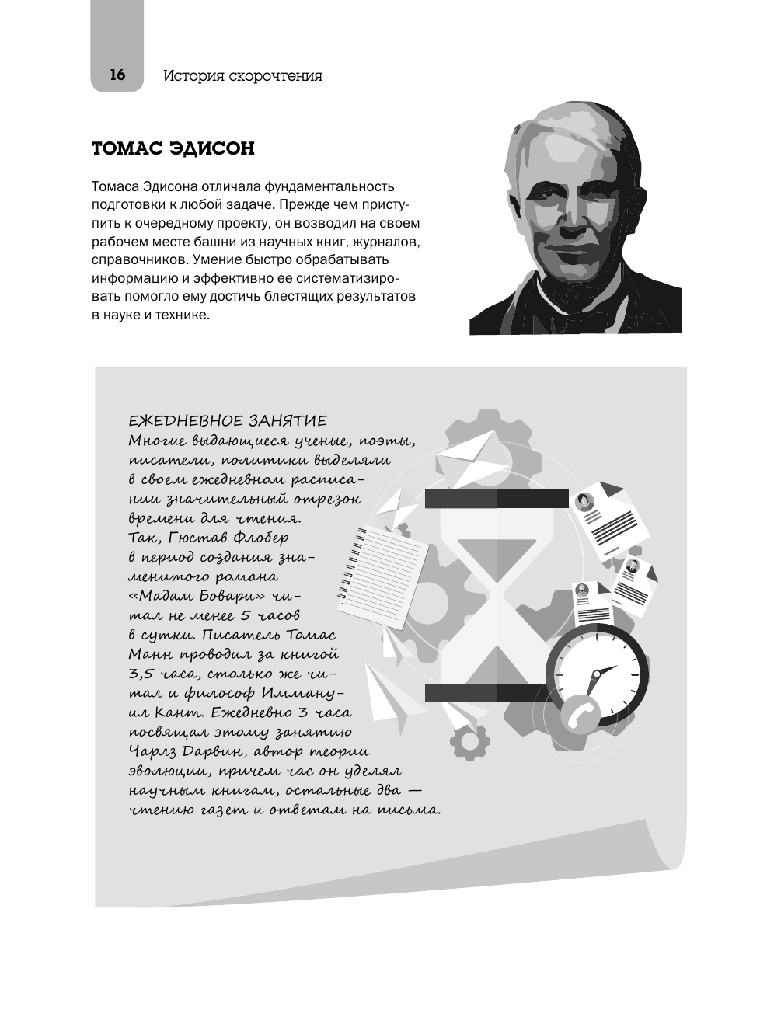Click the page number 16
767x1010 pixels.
[117, 75]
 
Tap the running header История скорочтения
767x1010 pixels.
[242, 76]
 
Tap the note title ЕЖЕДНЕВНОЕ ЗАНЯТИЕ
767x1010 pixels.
[228, 421]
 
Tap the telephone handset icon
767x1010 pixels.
[577, 712]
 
